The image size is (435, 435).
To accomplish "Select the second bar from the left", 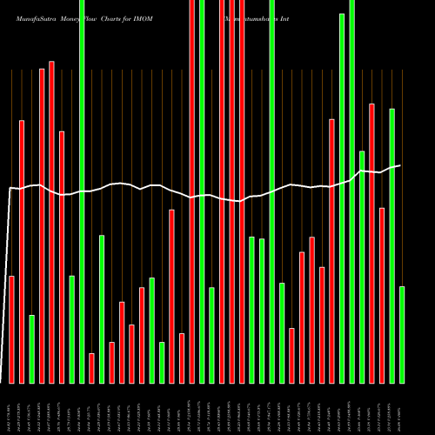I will tap(22, 251).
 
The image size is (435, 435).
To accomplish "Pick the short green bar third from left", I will tap(31, 348).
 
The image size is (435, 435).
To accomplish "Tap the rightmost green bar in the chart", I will tap(402, 334).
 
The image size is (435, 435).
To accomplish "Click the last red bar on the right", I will tap(382, 295).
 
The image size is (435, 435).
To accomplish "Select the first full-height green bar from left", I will tap(82, 191).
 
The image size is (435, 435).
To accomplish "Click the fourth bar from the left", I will tap(42, 225).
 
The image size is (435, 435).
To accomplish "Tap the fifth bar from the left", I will tap(51, 222).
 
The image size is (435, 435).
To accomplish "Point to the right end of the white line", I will tap(399, 165).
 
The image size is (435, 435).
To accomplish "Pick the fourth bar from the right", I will tap(372, 243).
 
